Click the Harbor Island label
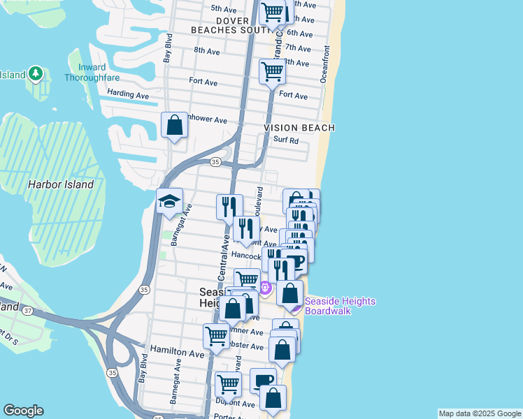[60, 184]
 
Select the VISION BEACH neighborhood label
[299, 128]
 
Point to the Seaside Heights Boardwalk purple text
[340, 306]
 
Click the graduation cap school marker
[169, 202]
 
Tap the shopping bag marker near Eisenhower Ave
[175, 126]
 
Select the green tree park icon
[35, 74]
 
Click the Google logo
[23, 411]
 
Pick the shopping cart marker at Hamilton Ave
[216, 336]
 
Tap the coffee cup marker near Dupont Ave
[263, 381]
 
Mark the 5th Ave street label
[224, 8]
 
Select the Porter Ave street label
[228, 416]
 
